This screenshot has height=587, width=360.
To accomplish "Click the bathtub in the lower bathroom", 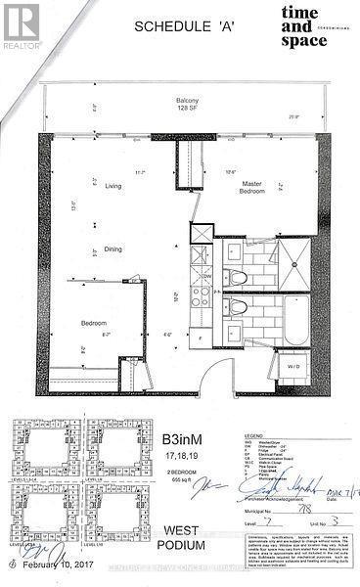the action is (x=294, y=324).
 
